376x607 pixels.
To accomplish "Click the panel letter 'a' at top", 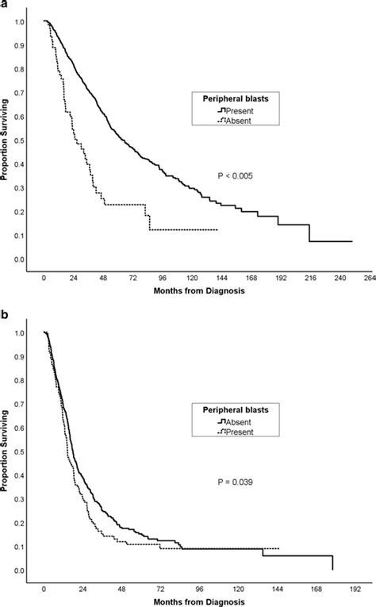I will pos(4,6).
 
